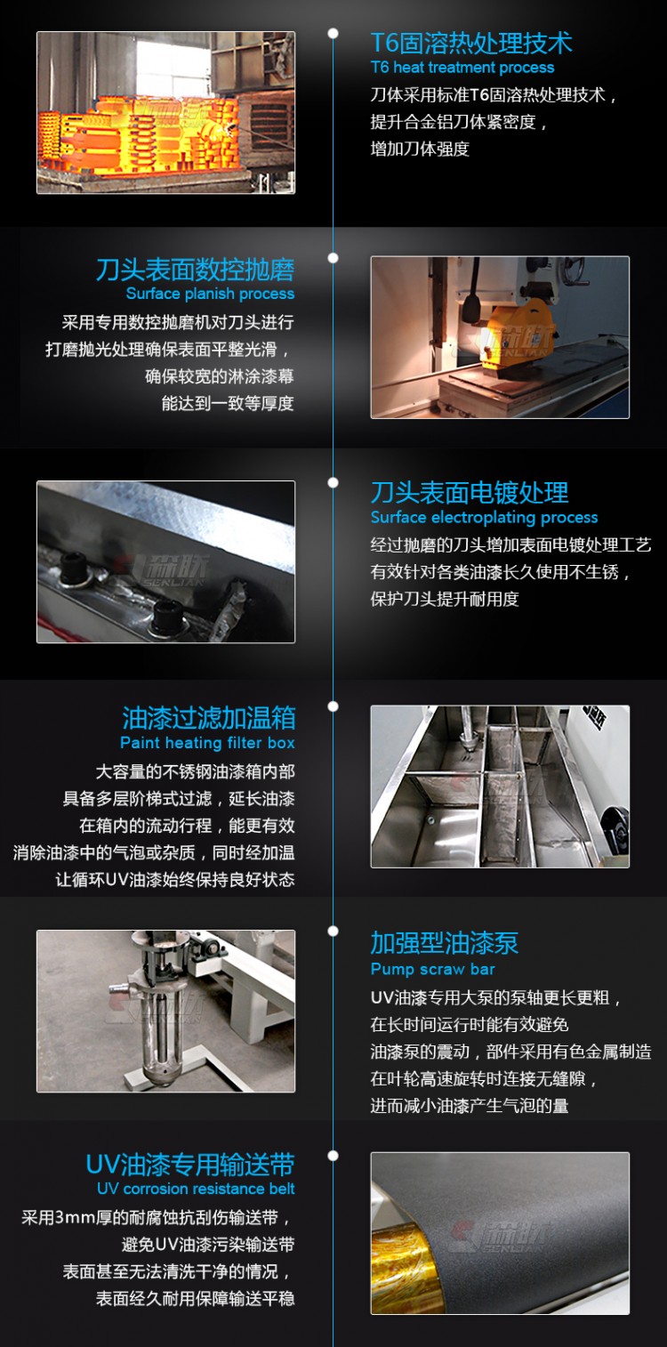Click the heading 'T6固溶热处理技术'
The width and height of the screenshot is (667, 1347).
click(471, 43)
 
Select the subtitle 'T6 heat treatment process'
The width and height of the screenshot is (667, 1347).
click(462, 68)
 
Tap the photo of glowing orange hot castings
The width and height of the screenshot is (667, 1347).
click(165, 113)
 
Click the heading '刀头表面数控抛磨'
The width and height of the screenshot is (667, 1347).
click(195, 270)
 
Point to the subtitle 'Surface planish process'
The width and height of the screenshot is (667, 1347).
click(210, 294)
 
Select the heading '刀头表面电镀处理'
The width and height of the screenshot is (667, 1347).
click(469, 493)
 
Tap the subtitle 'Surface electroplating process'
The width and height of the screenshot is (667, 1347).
click(484, 517)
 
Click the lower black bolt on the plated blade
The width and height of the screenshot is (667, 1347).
click(167, 614)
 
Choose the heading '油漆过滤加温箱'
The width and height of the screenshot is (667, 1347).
click(208, 718)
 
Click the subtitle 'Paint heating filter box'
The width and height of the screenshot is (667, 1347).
click(207, 743)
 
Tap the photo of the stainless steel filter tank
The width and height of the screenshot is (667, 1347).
click(499, 786)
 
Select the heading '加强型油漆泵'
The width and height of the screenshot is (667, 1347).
click(444, 943)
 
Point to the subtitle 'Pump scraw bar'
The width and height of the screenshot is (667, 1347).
click(432, 969)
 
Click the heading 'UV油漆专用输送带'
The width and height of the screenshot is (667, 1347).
click(189, 1165)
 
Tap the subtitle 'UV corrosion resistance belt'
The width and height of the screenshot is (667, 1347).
click(196, 1189)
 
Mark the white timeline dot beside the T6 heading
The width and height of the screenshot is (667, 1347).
click(333, 34)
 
